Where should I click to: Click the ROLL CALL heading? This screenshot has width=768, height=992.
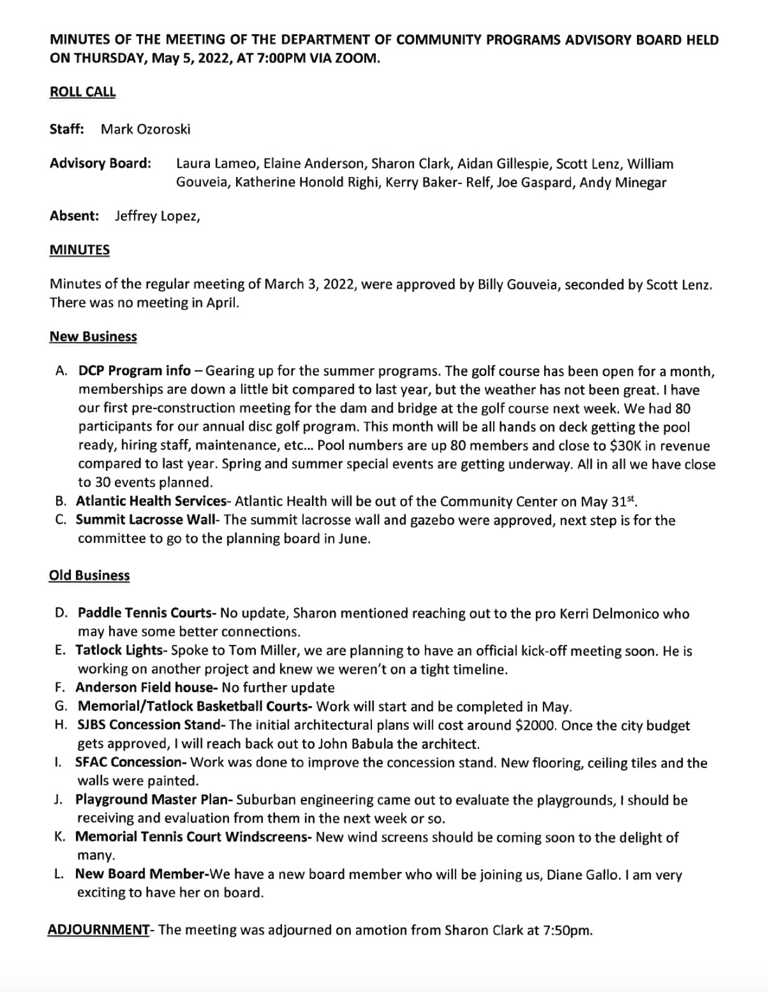click(x=82, y=92)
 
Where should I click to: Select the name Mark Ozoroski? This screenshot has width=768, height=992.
click(x=146, y=129)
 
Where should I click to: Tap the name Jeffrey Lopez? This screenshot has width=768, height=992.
click(x=157, y=216)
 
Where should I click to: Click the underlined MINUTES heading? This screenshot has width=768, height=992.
click(x=79, y=250)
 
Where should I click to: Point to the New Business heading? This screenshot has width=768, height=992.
click(x=93, y=337)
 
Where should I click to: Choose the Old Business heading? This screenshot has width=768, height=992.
click(x=89, y=575)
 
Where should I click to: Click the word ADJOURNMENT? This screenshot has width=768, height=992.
click(x=98, y=930)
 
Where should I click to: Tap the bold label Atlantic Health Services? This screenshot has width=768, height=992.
click(x=151, y=501)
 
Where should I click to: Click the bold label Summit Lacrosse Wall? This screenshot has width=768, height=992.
click(x=145, y=520)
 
